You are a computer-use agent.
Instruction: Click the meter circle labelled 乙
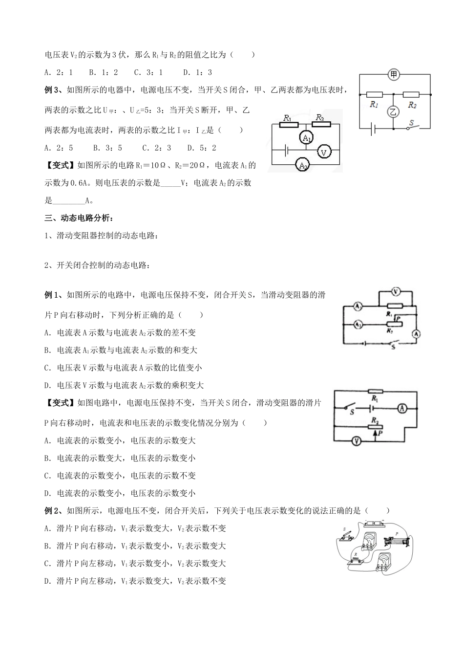(x=394, y=112)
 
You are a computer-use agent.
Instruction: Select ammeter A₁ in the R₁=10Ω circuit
(x=306, y=139)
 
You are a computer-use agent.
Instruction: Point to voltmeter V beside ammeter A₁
(x=323, y=152)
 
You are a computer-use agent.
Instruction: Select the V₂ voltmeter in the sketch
(x=384, y=562)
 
